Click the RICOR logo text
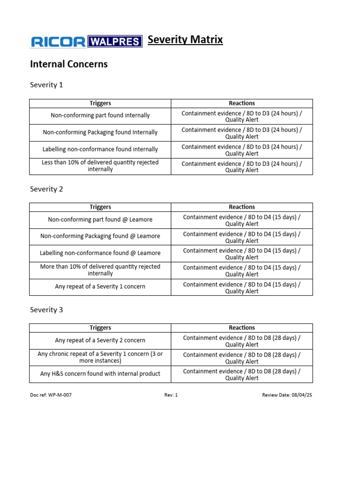coord(58,42)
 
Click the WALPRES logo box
coord(114,42)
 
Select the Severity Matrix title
coord(185,40)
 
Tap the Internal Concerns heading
coord(69,64)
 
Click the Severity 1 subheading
coord(46,85)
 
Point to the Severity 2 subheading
coord(46,189)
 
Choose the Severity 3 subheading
coord(46,310)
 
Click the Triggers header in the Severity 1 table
coord(100,103)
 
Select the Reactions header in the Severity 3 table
coord(242,328)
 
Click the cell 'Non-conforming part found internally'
coord(100,115)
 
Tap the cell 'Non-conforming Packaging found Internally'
coord(100,132)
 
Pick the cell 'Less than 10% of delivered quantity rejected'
coord(100,166)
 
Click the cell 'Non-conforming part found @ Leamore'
coord(100,219)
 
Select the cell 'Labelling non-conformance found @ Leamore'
coord(100,253)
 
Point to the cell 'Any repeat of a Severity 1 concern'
coord(100,286)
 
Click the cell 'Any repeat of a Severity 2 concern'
coord(100,340)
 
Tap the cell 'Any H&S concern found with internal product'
coord(100,374)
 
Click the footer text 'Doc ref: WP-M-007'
coord(51,395)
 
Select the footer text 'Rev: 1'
coord(171,395)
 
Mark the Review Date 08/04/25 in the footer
coord(287,395)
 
